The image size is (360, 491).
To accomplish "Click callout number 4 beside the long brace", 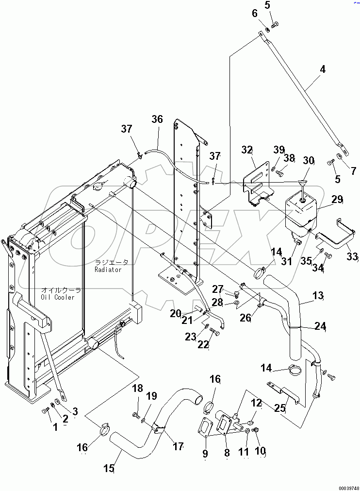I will (322, 69).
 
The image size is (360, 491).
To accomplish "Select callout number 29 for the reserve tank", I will (337, 199).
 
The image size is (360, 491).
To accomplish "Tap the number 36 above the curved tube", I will (157, 119).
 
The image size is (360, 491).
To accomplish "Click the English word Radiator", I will (108, 270).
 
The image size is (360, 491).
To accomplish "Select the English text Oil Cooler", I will (58, 297).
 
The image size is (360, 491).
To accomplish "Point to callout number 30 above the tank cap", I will (309, 161).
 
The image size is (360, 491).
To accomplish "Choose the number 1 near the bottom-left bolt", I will (55, 427).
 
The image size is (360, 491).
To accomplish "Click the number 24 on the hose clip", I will (320, 326).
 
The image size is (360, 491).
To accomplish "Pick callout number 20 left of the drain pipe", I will (175, 313).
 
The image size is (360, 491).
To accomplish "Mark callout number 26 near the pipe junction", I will (246, 319).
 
